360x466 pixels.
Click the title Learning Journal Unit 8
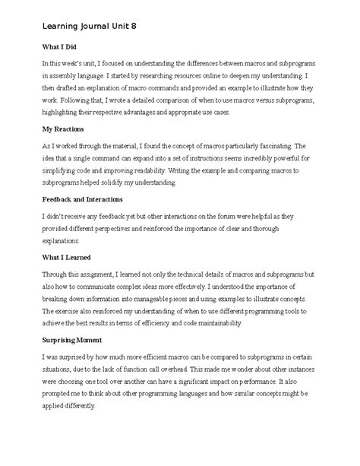point(90,25)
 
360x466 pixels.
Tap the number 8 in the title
point(134,25)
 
